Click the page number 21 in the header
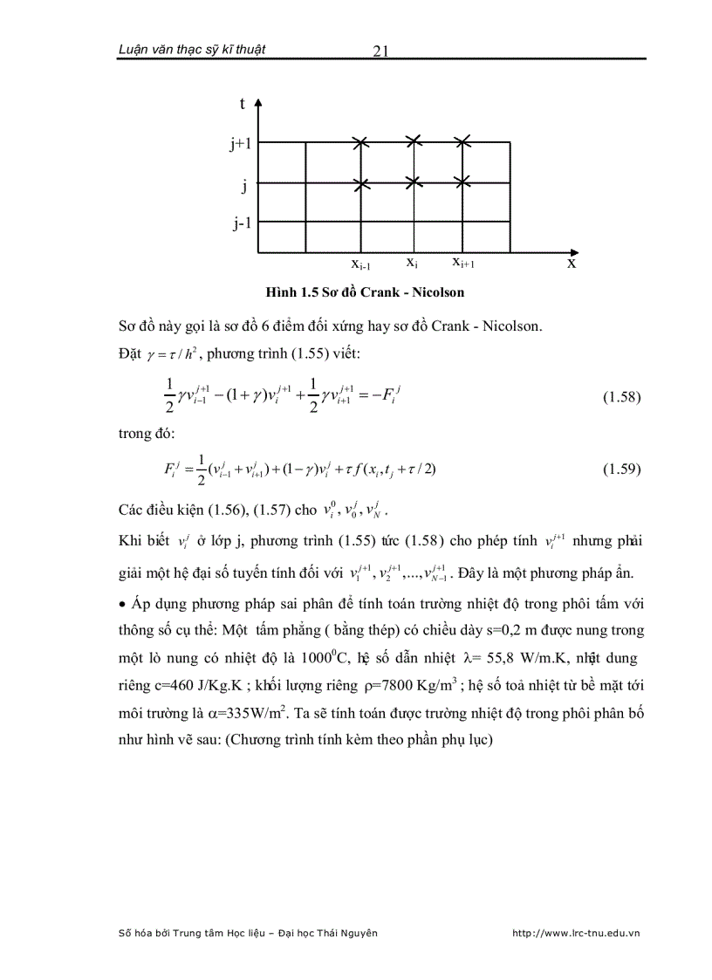coord(380,51)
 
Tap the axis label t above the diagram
coord(242,104)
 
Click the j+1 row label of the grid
coord(241,144)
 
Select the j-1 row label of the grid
coord(242,223)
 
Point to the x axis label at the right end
coord(572,262)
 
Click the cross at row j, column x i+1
coord(462,182)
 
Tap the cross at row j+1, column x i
coord(414,141)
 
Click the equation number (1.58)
coord(622,397)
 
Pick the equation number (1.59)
coord(622,469)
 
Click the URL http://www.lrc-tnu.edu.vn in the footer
coord(576,933)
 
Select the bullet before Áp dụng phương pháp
coord(122,603)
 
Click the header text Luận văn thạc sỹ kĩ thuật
coord(191,50)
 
